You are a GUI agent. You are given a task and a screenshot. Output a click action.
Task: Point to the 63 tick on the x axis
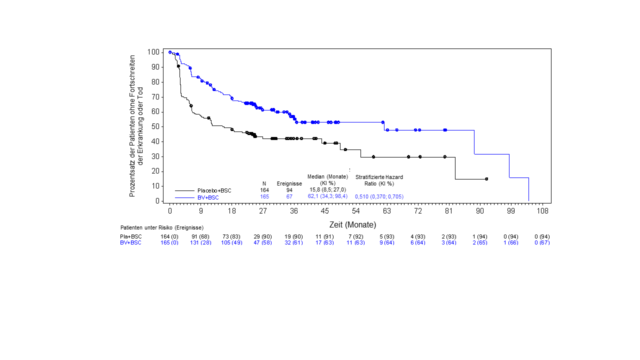click(387, 211)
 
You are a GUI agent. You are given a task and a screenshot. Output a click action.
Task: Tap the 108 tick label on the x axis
click(542, 211)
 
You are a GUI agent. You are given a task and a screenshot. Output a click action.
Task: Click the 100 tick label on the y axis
click(154, 52)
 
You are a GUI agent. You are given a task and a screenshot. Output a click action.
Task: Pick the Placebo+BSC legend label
click(214, 190)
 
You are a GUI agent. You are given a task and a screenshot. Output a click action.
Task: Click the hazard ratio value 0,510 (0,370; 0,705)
click(379, 197)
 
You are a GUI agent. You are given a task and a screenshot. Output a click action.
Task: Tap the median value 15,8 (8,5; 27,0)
click(327, 190)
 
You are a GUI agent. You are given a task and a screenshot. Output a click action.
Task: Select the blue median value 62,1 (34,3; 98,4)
click(327, 196)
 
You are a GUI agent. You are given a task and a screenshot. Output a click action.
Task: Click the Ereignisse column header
click(289, 183)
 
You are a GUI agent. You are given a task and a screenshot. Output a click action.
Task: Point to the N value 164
click(264, 190)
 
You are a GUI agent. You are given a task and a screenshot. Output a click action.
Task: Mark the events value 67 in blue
click(289, 197)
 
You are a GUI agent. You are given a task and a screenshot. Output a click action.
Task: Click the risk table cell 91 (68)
click(200, 236)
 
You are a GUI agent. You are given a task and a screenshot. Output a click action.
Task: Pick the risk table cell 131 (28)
click(200, 242)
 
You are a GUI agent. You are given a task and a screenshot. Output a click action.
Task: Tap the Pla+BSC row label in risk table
click(131, 236)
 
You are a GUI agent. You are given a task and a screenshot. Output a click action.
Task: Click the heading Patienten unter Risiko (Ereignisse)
click(162, 228)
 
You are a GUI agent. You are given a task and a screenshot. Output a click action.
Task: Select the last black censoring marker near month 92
click(486, 178)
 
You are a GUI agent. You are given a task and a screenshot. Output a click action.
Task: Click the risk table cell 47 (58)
click(262, 242)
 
